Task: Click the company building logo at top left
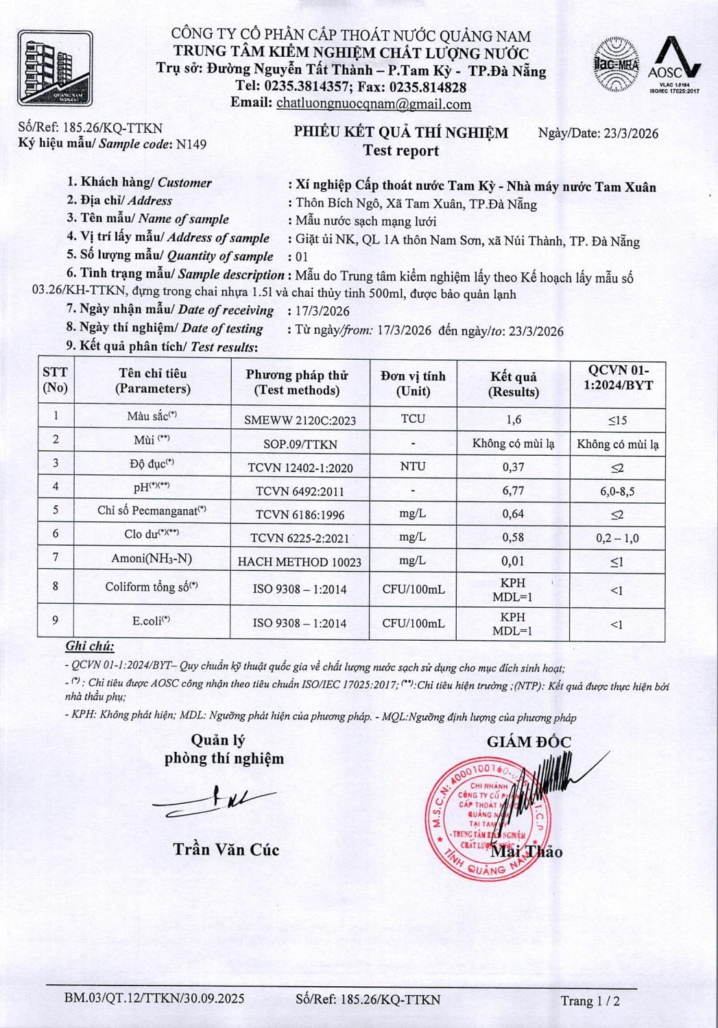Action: (x=55, y=68)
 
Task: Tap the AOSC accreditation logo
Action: (x=674, y=66)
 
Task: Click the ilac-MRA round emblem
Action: (x=615, y=66)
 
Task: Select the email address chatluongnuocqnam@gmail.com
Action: (x=373, y=104)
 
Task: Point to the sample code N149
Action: (x=191, y=144)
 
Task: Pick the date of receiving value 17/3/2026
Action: (x=322, y=311)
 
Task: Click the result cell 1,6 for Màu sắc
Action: (x=512, y=419)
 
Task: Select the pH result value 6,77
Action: (x=512, y=491)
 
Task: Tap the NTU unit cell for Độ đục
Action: (x=413, y=467)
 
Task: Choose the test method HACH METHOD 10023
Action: (x=300, y=562)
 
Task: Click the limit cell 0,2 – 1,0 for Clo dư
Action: (x=617, y=538)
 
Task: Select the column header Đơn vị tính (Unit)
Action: (x=413, y=384)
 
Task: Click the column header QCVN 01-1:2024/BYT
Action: (x=617, y=378)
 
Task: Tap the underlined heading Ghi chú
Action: (x=90, y=646)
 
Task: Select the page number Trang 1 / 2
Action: (x=590, y=1001)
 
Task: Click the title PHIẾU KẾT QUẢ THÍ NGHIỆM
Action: (x=401, y=133)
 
